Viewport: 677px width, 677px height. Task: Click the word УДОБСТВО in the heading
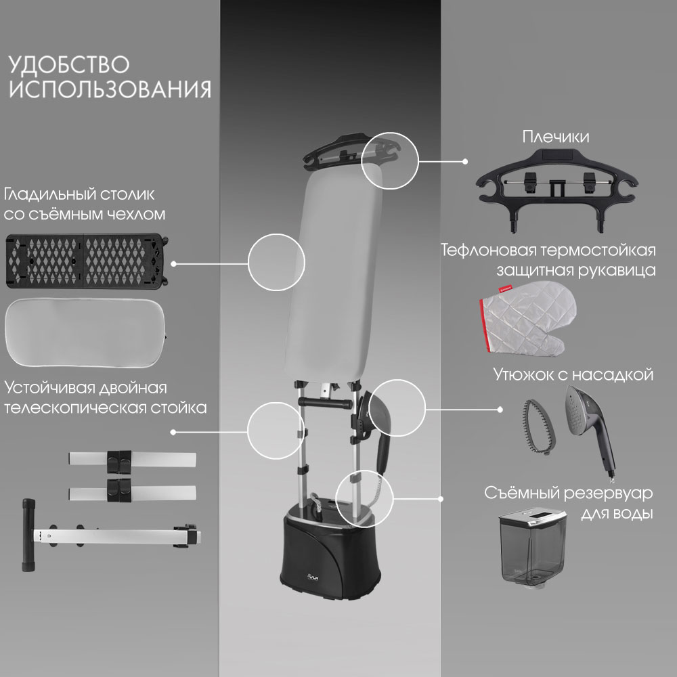coord(69,65)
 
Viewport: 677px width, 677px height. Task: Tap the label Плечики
coord(556,137)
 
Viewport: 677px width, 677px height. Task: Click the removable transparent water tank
coord(531,548)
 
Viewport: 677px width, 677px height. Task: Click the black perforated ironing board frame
coord(87,261)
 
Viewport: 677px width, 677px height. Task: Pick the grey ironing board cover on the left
coord(85,332)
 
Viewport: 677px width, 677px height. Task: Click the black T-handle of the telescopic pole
coord(28,536)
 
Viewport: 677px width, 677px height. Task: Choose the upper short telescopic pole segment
coord(132,458)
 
